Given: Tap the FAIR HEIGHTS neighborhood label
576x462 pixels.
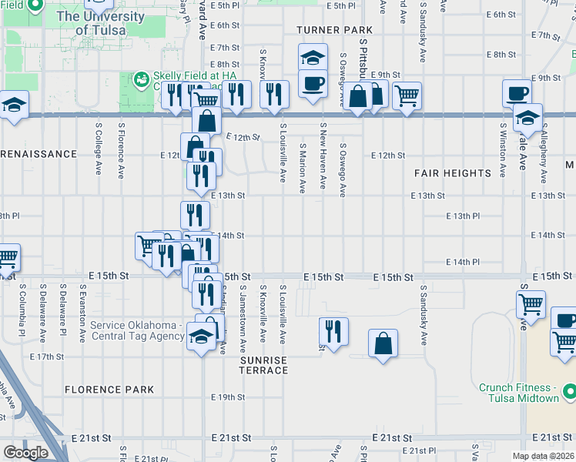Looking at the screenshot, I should (453, 173).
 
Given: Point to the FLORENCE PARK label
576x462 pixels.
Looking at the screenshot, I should (109, 390).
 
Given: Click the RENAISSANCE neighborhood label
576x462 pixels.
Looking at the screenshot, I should (39, 154).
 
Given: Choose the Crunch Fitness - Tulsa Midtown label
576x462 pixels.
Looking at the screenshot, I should (518, 393).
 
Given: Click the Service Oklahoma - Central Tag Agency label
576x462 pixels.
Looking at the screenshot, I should (137, 330).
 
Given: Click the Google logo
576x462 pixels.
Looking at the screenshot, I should (25, 453).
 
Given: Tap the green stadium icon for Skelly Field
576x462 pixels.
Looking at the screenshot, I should (141, 79).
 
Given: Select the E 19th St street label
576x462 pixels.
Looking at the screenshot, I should (228, 397).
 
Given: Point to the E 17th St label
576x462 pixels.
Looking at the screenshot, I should (46, 357).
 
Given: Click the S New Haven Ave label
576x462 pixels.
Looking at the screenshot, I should (323, 155).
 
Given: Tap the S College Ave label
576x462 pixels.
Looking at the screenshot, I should (99, 149).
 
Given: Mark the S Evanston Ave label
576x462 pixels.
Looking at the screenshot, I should (82, 314).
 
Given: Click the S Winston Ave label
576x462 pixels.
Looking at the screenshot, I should (502, 149).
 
